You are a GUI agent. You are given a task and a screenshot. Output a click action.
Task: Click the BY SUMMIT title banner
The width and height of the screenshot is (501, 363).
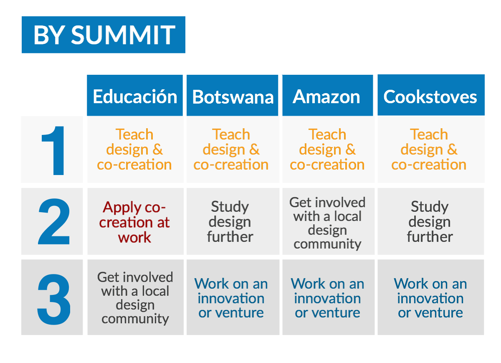click(104, 35)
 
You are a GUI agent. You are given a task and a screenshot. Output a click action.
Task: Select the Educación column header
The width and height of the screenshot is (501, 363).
click(135, 95)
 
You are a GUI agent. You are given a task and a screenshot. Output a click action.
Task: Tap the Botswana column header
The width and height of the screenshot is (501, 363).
click(233, 95)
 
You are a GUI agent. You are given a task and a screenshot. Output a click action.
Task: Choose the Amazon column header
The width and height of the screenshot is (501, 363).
click(328, 95)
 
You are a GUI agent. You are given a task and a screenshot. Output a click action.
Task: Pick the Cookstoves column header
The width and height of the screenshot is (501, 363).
click(431, 95)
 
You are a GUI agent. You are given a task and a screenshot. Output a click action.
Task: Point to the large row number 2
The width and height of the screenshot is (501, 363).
click(54, 221)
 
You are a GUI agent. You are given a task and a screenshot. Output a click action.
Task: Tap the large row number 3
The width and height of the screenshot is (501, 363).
click(54, 299)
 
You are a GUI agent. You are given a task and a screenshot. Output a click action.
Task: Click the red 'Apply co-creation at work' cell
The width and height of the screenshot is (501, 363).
click(134, 222)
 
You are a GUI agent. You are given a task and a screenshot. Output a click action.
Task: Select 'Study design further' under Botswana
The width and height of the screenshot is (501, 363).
click(230, 221)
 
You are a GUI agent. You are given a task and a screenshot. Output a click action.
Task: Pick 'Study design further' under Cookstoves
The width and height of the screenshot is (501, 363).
click(430, 221)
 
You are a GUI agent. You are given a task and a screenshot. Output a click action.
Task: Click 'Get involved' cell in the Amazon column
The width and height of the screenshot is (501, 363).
click(327, 223)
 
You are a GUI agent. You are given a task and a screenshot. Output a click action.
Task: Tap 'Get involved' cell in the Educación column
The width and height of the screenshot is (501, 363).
click(135, 298)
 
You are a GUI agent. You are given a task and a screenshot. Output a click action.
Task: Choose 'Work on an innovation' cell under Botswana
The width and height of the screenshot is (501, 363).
click(231, 298)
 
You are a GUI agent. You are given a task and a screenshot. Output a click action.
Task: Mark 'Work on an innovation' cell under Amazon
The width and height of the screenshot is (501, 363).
click(327, 298)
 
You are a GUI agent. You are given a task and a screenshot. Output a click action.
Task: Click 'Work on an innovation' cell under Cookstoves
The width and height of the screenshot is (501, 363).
click(430, 298)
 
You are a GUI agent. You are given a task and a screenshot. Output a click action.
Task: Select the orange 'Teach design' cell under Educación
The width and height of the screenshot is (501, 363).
click(134, 149)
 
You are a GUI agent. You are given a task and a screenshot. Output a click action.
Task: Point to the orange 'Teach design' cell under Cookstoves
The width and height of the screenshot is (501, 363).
click(429, 149)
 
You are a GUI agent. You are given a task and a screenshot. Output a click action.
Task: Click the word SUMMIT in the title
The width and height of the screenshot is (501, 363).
click(123, 35)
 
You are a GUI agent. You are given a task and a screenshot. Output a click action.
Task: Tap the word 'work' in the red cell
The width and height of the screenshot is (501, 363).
click(134, 237)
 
